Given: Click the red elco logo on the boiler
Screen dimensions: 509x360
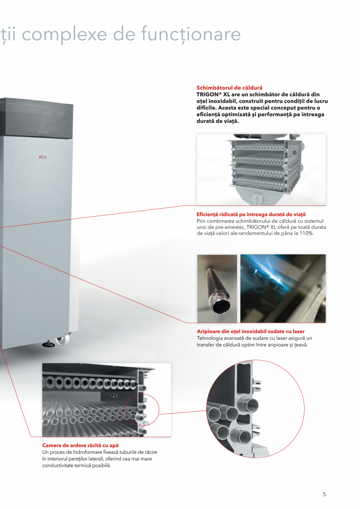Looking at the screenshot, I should click(42, 157).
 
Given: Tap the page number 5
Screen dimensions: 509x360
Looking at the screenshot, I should click(324, 494).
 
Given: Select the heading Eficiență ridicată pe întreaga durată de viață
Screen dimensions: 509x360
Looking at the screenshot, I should click(251, 214).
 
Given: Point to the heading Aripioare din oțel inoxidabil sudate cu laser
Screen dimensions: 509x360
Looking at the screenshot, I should click(250, 331).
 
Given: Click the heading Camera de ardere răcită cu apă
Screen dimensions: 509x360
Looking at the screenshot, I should click(80, 446).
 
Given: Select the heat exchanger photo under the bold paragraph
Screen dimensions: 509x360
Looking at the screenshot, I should click(261, 169).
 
